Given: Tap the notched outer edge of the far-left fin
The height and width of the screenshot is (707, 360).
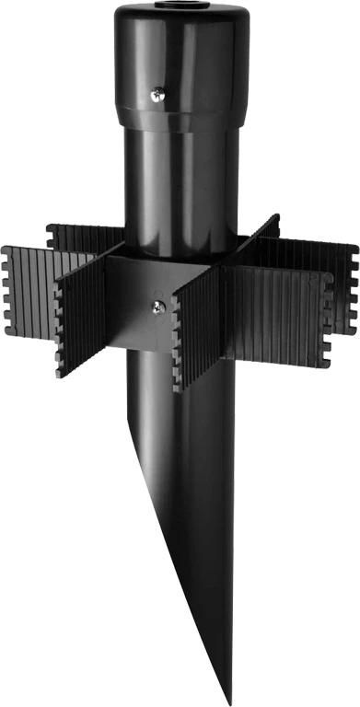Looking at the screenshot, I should pyautogui.click(x=7, y=295).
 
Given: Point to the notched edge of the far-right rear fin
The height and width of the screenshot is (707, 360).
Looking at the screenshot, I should pyautogui.click(x=355, y=276).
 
